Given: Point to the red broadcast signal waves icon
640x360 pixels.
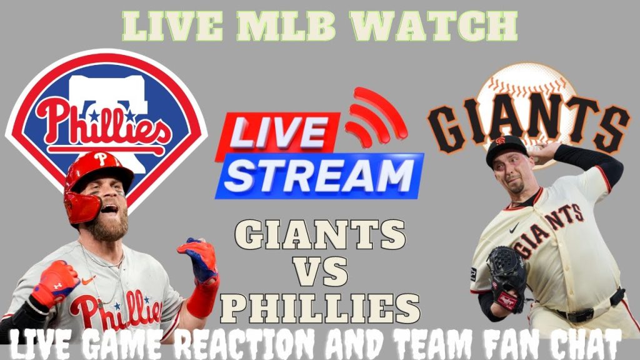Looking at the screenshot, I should click(x=375, y=116).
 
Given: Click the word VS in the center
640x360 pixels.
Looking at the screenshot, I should click(x=320, y=272).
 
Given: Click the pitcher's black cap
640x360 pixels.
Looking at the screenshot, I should click(x=506, y=147).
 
